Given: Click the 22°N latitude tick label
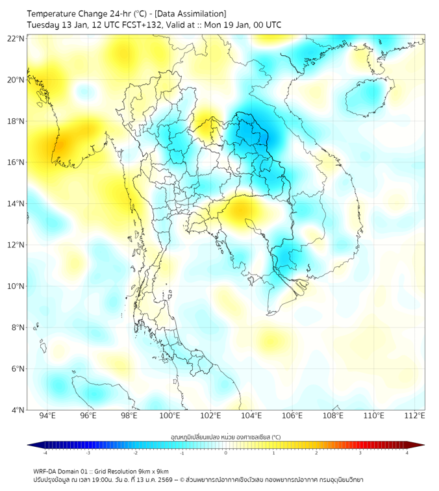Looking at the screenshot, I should click(16, 39).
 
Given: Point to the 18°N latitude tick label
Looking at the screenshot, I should click(16, 121).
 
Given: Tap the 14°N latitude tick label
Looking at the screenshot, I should click(16, 204).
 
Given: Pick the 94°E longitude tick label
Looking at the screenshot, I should click(47, 416).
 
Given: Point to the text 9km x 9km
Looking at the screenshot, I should click(151, 471).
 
